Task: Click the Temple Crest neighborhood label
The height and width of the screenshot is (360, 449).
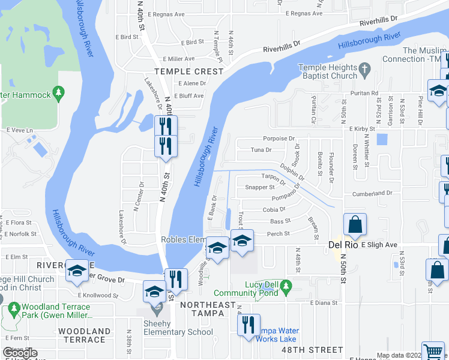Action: tap(188, 71)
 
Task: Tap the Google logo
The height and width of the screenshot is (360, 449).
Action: tap(20, 353)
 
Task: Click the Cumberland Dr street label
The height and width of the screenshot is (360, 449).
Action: tap(372, 193)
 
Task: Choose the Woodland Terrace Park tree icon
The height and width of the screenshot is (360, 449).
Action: tap(14, 310)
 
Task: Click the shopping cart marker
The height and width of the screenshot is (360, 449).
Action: tap(433, 352)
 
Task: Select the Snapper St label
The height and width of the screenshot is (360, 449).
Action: tap(259, 187)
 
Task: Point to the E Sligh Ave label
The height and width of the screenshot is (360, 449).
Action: tap(379, 245)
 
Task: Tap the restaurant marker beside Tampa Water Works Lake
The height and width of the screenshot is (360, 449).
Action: tap(248, 325)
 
